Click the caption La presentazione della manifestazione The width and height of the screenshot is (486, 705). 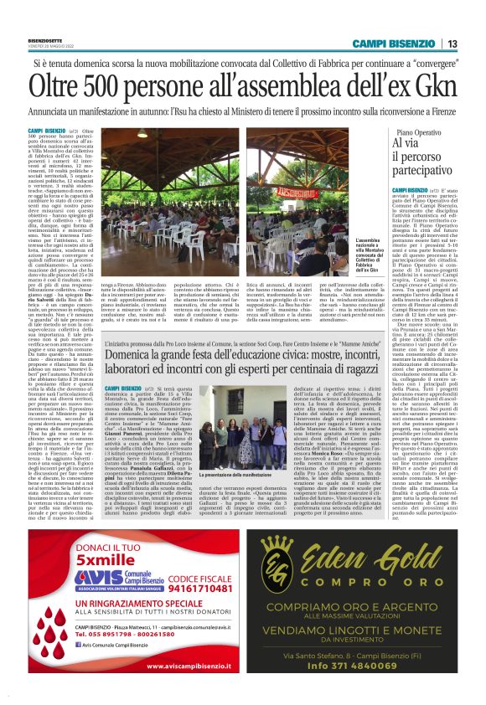pos(238,475)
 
